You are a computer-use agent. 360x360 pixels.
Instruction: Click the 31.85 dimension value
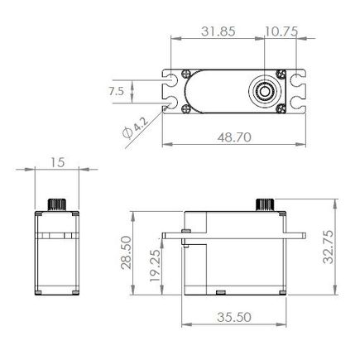tap(218, 31)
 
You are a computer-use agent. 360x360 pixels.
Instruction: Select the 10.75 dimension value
tap(281, 31)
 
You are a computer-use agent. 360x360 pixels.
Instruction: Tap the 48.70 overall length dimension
tap(234, 137)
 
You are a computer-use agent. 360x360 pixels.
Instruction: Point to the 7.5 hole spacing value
tap(117, 91)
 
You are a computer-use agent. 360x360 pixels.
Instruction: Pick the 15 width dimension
tap(58, 162)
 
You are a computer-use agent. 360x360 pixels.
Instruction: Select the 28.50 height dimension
tap(127, 252)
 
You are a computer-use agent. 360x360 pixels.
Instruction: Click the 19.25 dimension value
tap(155, 266)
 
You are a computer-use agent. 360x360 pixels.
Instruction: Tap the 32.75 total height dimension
tap(329, 247)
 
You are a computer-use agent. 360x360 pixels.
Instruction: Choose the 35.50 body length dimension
tap(234, 317)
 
